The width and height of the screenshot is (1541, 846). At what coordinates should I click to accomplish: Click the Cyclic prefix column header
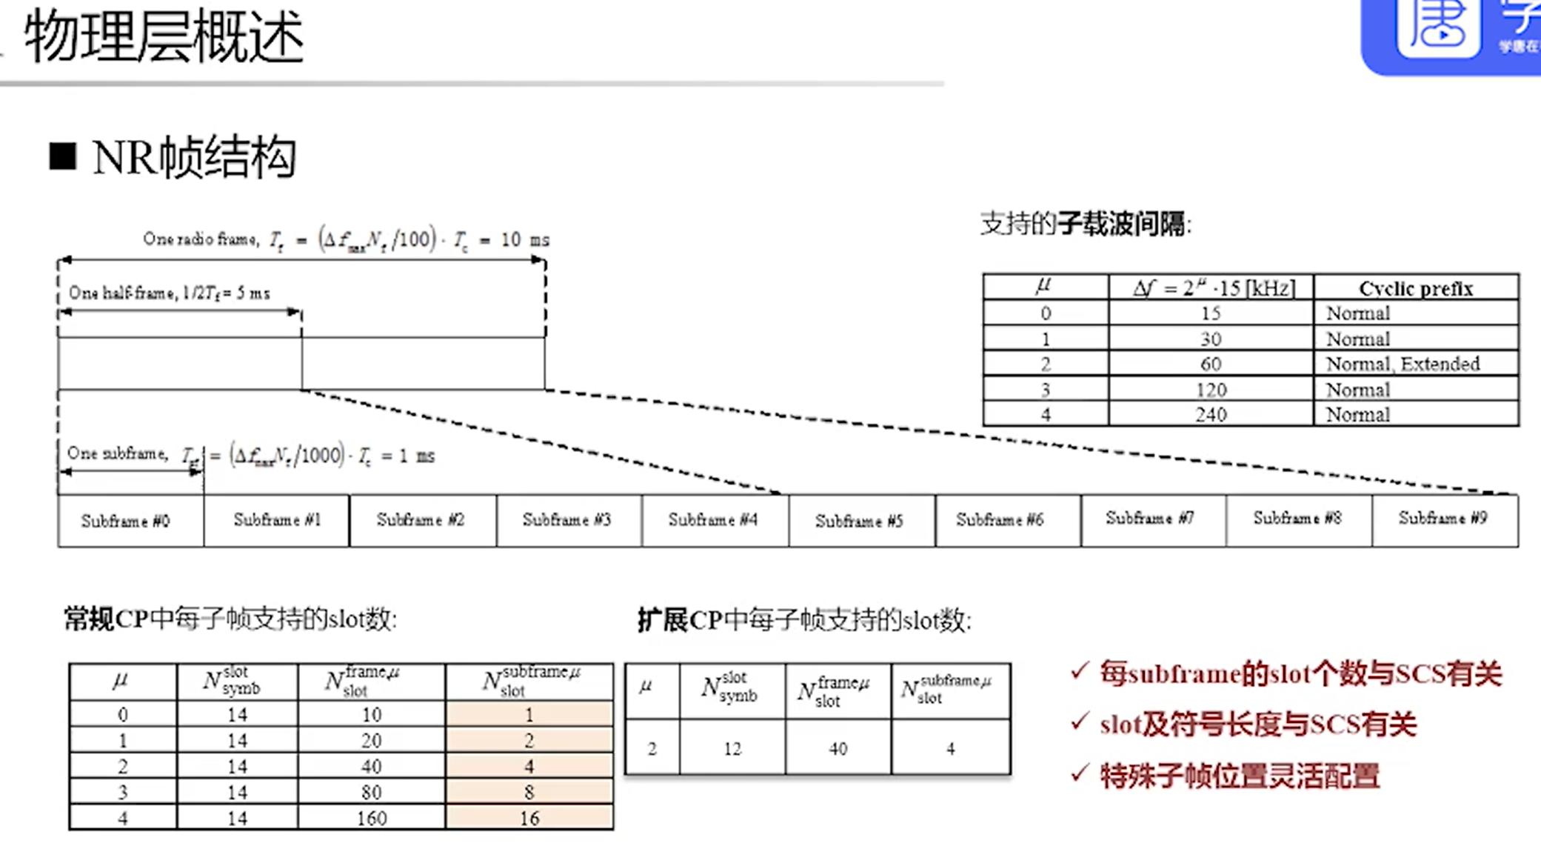click(1416, 288)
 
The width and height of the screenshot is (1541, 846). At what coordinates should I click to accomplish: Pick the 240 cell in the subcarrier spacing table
click(1211, 414)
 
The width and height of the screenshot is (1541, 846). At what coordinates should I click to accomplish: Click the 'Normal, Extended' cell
click(1403, 364)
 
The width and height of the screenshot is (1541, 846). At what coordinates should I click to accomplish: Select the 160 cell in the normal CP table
click(371, 818)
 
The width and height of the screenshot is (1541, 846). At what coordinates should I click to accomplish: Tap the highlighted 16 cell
click(529, 818)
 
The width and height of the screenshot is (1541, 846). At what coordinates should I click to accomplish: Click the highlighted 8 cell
click(529, 792)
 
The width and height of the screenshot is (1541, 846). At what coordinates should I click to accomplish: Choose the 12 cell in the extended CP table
click(732, 749)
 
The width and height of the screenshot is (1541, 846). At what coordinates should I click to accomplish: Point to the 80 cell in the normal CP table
click(371, 792)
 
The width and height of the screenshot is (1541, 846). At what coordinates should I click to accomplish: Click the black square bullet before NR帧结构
click(63, 156)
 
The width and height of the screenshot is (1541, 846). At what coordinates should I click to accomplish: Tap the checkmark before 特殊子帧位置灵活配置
click(1080, 773)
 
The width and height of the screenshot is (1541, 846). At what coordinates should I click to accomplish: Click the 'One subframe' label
click(117, 453)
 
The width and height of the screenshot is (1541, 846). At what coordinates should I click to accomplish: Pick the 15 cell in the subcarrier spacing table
click(1211, 313)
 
